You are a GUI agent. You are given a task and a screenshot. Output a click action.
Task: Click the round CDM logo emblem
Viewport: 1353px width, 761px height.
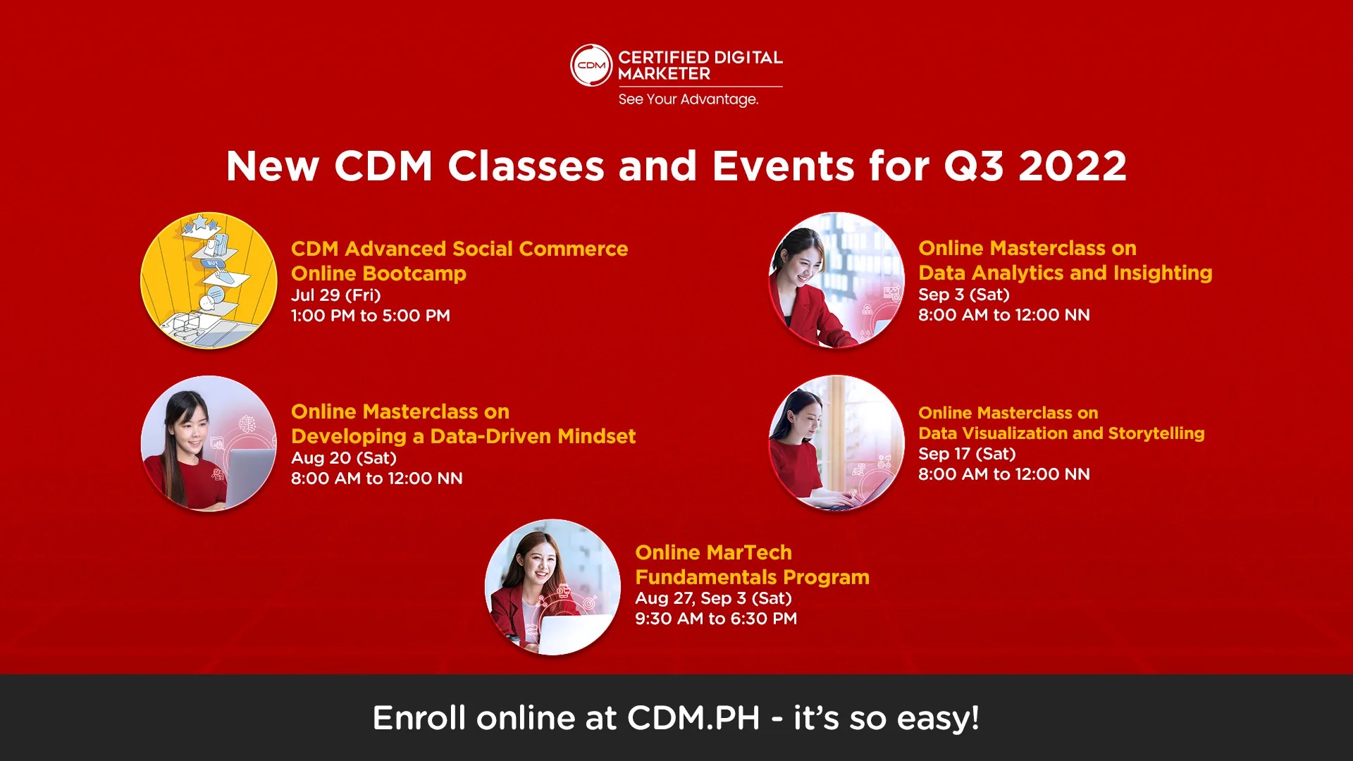click(591, 66)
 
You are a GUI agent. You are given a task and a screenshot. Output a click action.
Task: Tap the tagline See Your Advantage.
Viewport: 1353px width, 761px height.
click(688, 99)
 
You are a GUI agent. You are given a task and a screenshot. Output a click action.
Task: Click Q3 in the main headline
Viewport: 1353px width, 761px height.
click(973, 166)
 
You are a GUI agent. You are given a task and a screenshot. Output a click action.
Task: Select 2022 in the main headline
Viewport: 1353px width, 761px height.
click(1072, 166)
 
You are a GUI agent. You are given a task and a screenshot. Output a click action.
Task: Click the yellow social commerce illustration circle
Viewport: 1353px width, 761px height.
click(209, 280)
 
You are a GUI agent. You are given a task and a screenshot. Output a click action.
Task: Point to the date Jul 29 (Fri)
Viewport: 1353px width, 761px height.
click(335, 295)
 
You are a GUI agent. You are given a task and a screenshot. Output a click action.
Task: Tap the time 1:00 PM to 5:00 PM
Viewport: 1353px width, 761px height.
click(370, 316)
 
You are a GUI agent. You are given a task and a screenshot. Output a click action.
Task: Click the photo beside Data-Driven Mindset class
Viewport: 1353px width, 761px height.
click(209, 443)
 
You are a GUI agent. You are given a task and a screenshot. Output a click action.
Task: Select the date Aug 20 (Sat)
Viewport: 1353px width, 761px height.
click(343, 458)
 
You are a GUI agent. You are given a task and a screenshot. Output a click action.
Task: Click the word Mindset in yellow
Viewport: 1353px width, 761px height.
click(596, 436)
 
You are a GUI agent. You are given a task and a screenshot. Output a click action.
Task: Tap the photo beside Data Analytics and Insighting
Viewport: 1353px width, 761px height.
click(836, 280)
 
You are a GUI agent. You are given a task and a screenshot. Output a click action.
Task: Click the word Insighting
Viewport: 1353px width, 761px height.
click(1162, 273)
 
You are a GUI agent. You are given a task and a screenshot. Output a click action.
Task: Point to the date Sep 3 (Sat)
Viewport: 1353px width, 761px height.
click(963, 295)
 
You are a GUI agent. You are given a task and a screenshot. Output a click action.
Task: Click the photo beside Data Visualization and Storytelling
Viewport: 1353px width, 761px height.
click(836, 443)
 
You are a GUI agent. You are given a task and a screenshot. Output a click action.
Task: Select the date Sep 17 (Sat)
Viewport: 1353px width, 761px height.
click(967, 454)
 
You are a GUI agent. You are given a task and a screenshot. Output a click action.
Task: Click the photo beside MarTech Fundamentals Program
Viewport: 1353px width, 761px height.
click(552, 587)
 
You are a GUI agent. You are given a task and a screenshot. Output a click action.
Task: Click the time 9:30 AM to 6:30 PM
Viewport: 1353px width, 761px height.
click(715, 619)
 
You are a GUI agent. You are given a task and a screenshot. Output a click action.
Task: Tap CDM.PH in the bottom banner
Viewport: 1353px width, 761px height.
click(693, 718)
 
